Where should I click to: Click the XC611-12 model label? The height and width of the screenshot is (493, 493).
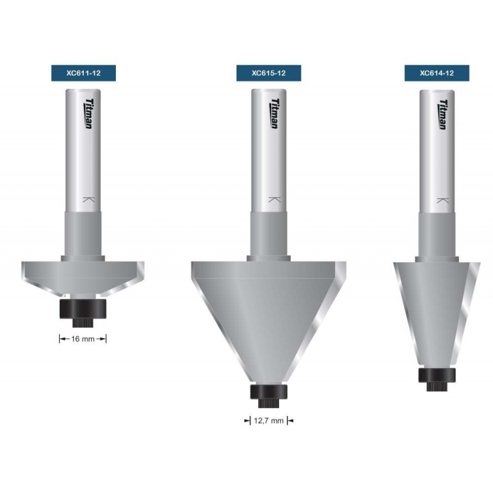[83, 73]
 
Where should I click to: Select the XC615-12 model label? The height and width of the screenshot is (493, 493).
[268, 73]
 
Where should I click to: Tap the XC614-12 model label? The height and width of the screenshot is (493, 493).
[437, 73]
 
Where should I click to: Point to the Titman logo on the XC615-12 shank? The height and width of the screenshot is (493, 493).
[273, 113]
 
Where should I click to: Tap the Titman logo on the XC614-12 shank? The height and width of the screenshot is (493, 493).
[442, 113]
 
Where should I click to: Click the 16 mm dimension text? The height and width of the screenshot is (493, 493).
[83, 338]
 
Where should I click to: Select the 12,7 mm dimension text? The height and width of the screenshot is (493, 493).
[268, 422]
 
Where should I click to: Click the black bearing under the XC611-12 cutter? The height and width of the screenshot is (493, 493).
[83, 308]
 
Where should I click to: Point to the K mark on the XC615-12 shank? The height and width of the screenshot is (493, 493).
[272, 200]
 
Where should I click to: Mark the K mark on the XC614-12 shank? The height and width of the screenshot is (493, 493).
[441, 200]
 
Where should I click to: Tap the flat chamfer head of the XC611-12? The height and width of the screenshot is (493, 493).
[83, 275]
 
